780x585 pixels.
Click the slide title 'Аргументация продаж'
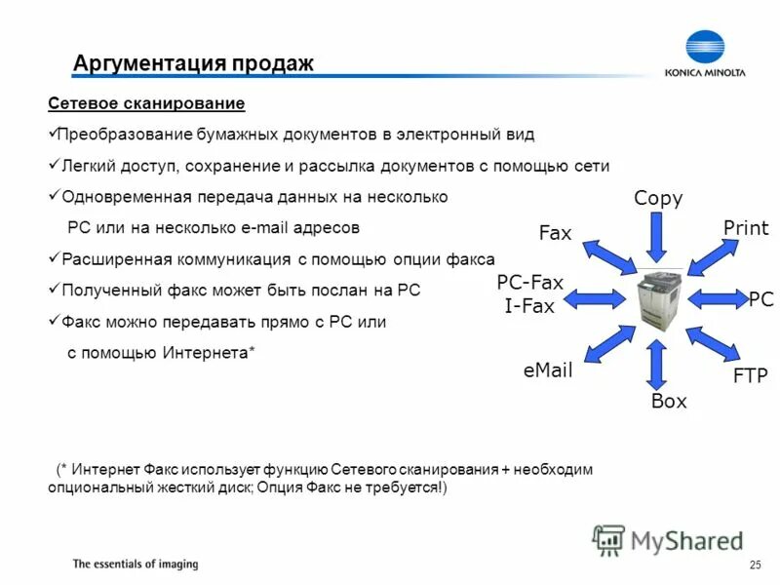pos(193,64)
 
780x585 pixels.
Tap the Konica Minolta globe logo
pos(704,49)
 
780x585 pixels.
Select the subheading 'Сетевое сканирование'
pos(146,103)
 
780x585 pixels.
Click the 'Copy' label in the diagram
pos(658,199)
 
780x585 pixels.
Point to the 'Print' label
pos(746,228)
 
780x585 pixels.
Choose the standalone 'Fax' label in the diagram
pos(555,233)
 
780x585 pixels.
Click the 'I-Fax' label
pos(529,306)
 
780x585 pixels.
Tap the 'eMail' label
pos(548,370)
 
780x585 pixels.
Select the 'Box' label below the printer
pos(669,401)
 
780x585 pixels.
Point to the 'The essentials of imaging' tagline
pos(136,565)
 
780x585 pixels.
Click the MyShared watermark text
pos(687,539)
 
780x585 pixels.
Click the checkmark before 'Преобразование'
pos(53,132)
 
